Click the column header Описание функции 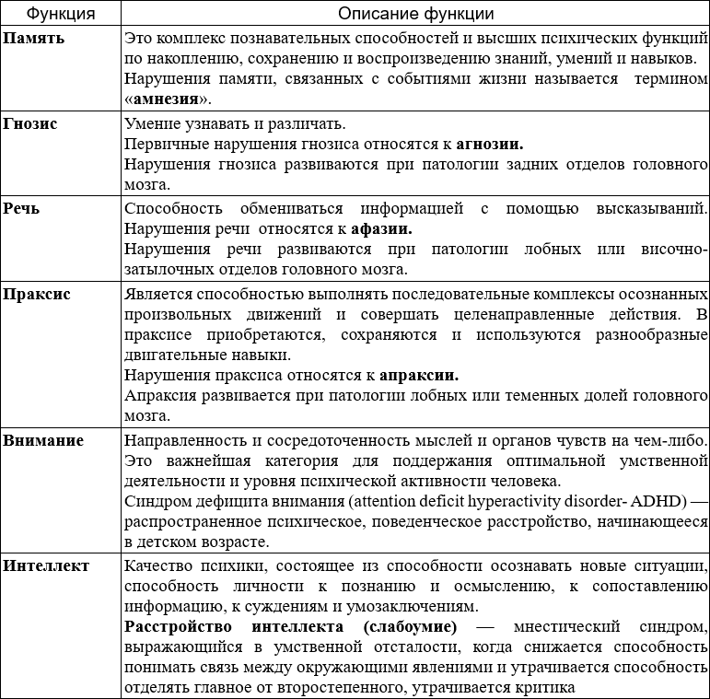[x=415, y=14]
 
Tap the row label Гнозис [x=30, y=123]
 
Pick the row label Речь [x=22, y=208]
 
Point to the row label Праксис [x=38, y=294]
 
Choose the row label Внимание [x=43, y=440]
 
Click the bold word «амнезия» [x=167, y=99]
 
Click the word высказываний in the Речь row [x=655, y=208]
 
